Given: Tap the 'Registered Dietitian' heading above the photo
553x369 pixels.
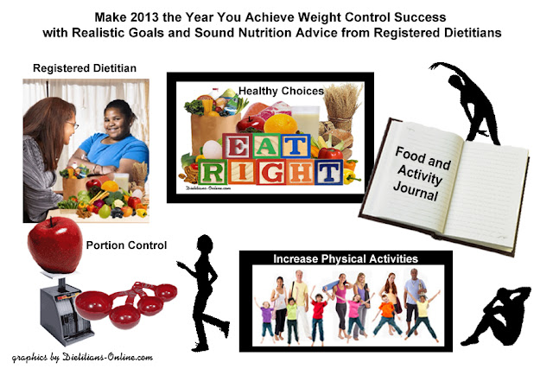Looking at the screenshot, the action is pyautogui.click(x=85, y=68).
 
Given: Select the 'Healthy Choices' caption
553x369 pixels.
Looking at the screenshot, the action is pyautogui.click(x=281, y=91).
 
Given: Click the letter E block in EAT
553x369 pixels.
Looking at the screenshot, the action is pyautogui.click(x=237, y=146).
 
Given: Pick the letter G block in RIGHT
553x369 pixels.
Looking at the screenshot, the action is pyautogui.click(x=271, y=172).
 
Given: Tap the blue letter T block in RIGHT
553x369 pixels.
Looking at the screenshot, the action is pyautogui.click(x=328, y=172).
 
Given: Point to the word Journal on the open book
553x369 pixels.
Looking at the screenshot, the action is pyautogui.click(x=416, y=191).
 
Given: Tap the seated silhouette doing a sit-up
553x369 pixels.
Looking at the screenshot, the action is pyautogui.click(x=498, y=315).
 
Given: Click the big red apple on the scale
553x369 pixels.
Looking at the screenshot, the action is pyautogui.click(x=55, y=245).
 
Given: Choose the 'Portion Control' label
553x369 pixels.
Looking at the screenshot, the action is pyautogui.click(x=127, y=245).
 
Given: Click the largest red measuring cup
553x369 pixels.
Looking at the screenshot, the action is pyautogui.click(x=93, y=306).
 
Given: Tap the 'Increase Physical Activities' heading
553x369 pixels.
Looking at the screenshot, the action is pyautogui.click(x=346, y=259).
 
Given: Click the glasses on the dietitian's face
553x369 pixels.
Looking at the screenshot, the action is pyautogui.click(x=73, y=124).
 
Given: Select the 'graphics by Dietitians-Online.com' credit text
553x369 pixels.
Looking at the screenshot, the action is pyautogui.click(x=82, y=358).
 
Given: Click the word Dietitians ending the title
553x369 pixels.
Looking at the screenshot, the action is pyautogui.click(x=473, y=33).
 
